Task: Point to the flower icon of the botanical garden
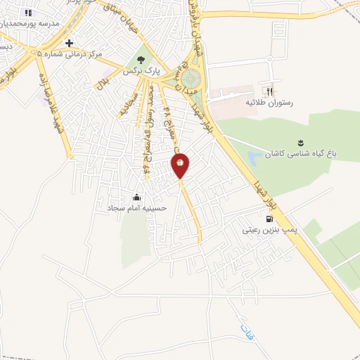(x=300, y=142)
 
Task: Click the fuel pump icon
(x=269, y=218)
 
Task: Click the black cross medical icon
(x=69, y=43)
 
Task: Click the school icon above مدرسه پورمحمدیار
(x=27, y=13)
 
